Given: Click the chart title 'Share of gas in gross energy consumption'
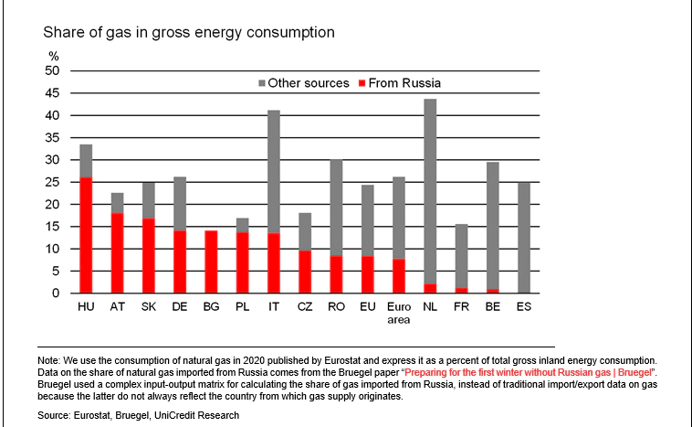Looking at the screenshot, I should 189,33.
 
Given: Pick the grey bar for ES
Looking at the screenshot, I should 524,237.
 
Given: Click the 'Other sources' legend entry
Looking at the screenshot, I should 308,83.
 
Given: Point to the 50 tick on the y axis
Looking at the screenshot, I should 52,71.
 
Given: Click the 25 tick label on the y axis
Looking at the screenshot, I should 52,183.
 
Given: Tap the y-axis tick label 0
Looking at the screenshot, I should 56,294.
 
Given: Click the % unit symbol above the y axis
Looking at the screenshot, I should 53,57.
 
